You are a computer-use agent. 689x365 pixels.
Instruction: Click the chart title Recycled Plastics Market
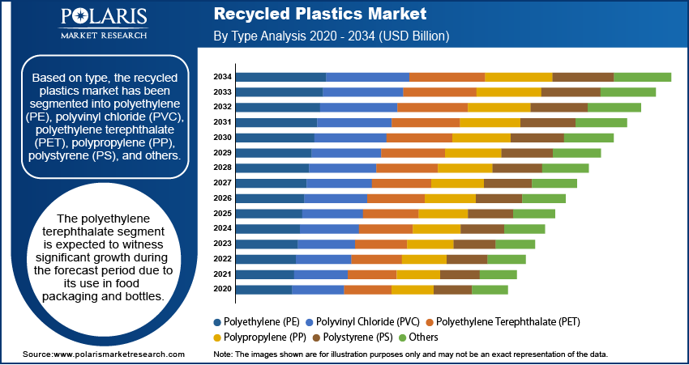click(319, 15)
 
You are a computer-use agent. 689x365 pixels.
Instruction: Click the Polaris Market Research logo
click(103, 23)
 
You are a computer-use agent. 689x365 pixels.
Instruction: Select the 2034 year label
click(223, 77)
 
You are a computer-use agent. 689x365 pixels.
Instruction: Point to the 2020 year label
click(223, 289)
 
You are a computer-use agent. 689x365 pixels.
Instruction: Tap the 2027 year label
click(223, 183)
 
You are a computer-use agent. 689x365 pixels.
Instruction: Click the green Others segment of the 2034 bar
click(642, 77)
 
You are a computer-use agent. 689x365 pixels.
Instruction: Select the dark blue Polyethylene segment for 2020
click(264, 289)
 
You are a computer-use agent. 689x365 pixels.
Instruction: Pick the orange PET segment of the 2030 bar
click(419, 138)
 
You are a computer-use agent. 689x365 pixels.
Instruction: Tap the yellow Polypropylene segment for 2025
click(443, 214)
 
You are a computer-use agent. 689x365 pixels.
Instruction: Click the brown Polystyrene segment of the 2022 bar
click(466, 259)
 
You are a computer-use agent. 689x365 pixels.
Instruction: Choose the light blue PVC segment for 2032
click(358, 108)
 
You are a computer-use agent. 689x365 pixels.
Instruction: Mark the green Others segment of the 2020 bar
click(490, 289)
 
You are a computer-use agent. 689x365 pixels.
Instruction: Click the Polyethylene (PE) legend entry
click(262, 321)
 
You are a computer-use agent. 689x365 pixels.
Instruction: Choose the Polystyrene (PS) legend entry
click(362, 337)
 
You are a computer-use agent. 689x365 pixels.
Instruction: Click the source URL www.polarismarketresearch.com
click(118, 354)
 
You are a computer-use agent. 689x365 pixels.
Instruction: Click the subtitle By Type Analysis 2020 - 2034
click(331, 36)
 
